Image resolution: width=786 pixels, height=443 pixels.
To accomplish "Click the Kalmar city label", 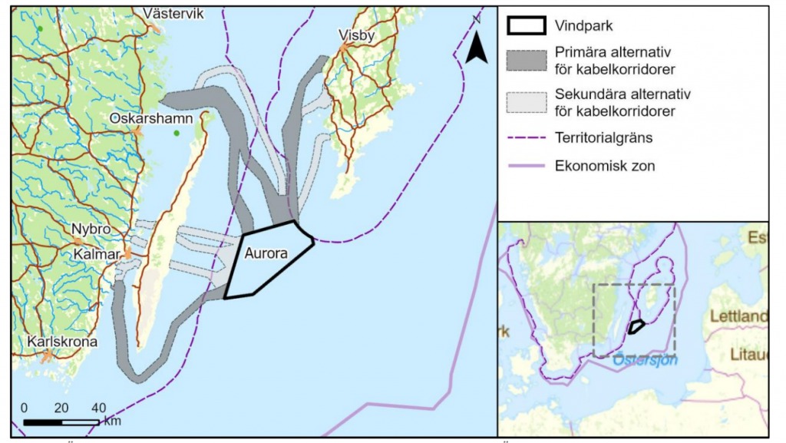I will click(94, 253).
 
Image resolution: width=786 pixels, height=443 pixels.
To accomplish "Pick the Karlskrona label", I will click(62, 342).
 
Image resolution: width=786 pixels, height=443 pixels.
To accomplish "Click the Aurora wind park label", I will click(266, 253).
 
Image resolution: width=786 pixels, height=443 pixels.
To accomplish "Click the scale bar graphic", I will click(61, 422).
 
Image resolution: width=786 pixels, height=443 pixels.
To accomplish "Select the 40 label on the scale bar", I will click(98, 407).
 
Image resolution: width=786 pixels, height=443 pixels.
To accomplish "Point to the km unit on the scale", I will click(111, 422).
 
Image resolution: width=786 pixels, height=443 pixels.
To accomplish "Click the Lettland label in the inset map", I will click(738, 316).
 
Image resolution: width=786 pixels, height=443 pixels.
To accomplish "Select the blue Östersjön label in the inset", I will click(645, 359).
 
